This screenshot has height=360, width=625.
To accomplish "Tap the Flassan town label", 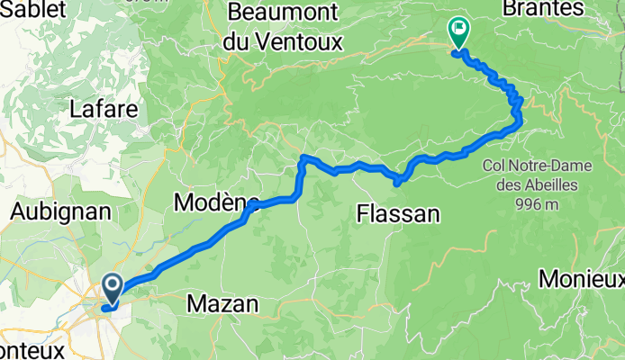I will click(x=398, y=214).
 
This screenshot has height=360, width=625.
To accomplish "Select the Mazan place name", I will click(x=222, y=305).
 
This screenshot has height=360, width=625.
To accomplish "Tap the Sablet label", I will click(x=26, y=10).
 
